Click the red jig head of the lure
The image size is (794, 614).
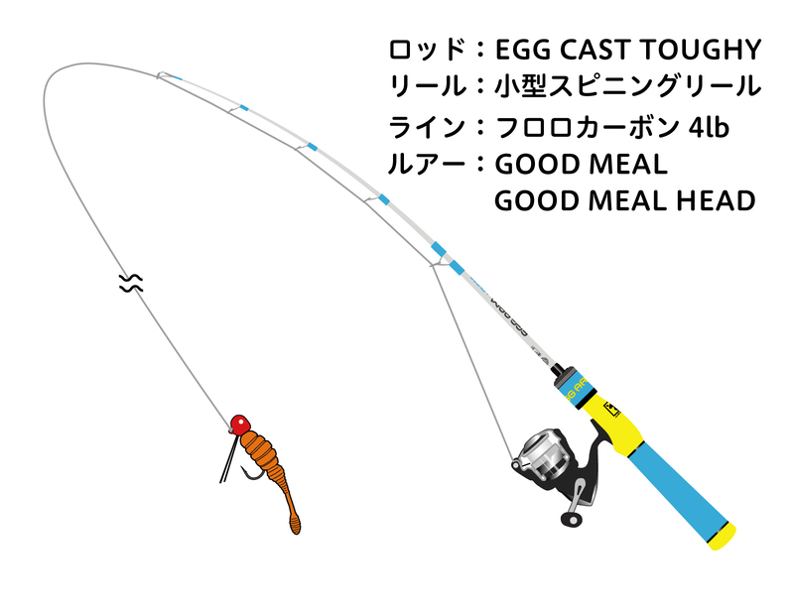[x=238, y=425]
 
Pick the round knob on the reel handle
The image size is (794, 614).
[x=572, y=518]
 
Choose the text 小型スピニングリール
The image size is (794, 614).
[x=627, y=86]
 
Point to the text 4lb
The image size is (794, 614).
[x=694, y=127]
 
